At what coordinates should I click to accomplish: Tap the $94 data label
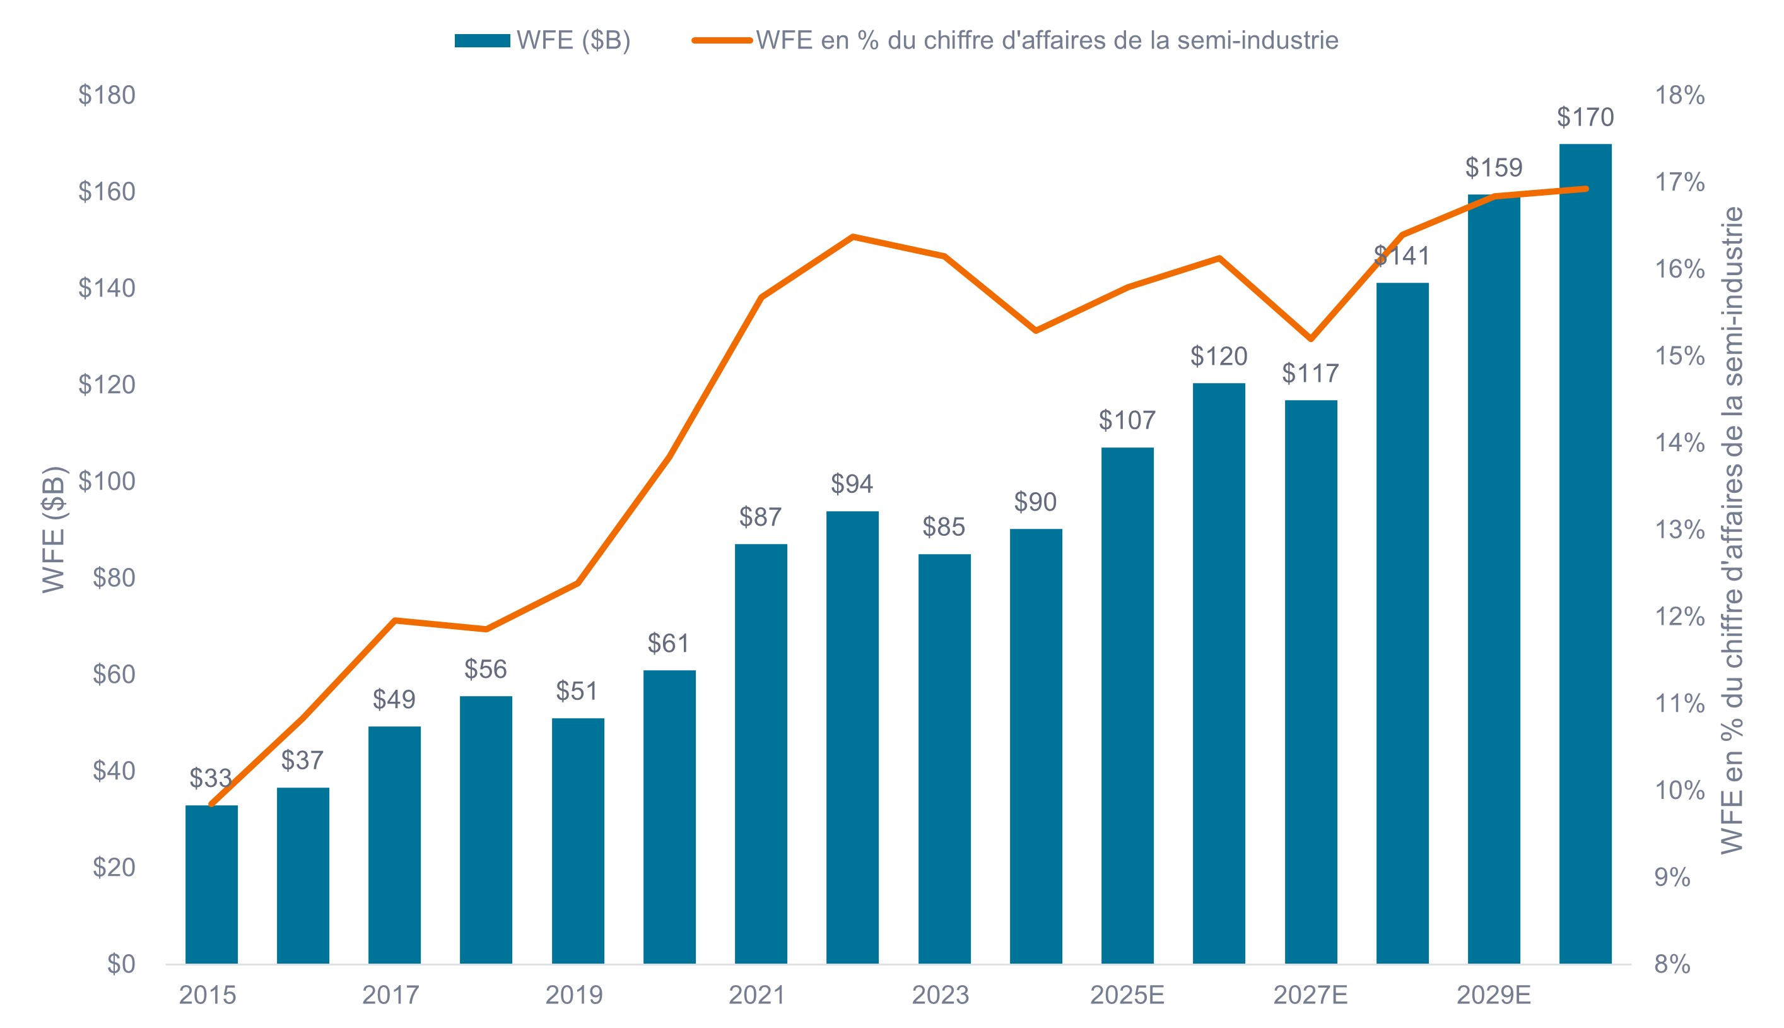(852, 485)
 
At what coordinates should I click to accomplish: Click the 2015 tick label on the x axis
(208, 996)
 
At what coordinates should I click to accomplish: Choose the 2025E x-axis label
(1127, 996)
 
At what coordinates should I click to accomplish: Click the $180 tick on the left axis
(107, 95)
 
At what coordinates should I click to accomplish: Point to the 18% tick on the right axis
(1679, 95)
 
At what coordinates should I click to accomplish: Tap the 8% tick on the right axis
(1672, 964)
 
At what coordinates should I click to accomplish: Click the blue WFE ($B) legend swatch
(482, 41)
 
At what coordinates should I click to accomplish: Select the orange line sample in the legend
(721, 41)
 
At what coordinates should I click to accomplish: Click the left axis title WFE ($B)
(54, 529)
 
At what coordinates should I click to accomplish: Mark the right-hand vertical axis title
(1732, 529)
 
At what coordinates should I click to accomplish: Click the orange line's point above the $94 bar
(852, 237)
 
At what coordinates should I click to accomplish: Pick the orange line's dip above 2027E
(1310, 339)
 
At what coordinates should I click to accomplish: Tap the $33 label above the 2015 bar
(210, 778)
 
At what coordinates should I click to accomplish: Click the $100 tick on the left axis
(107, 482)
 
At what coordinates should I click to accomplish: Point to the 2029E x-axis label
(1493, 996)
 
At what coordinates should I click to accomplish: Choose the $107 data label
(1127, 421)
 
